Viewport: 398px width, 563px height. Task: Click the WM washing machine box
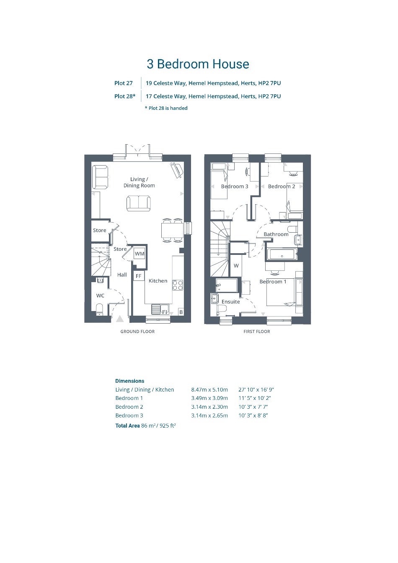pyautogui.click(x=140, y=254)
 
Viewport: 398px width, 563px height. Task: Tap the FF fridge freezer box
pyautogui.click(x=138, y=276)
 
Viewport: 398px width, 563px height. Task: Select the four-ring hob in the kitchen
pyautogui.click(x=178, y=285)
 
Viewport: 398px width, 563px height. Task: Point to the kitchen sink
pyautogui.click(x=160, y=309)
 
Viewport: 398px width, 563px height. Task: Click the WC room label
pyautogui.click(x=100, y=296)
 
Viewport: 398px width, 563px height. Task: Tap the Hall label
pyautogui.click(x=122, y=275)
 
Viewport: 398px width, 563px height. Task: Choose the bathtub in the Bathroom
pyautogui.click(x=282, y=255)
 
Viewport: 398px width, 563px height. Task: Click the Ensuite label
pyautogui.click(x=230, y=301)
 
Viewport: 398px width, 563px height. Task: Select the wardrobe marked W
pyautogui.click(x=236, y=266)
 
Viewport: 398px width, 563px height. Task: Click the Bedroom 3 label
pyautogui.click(x=235, y=186)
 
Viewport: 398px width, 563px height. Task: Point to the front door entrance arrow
pyautogui.click(x=120, y=319)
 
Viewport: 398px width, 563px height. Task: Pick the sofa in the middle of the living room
pyautogui.click(x=139, y=203)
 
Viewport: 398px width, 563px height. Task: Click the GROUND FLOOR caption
pyautogui.click(x=137, y=332)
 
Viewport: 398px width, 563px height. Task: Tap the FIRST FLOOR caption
pyautogui.click(x=257, y=332)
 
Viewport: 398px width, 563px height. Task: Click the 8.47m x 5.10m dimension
pyautogui.click(x=209, y=389)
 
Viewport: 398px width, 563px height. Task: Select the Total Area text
pyautogui.click(x=145, y=425)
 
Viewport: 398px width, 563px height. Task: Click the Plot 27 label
pyautogui.click(x=123, y=83)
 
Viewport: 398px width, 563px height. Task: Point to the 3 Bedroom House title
pyautogui.click(x=198, y=64)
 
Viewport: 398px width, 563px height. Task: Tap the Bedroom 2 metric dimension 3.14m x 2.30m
pyautogui.click(x=209, y=407)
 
